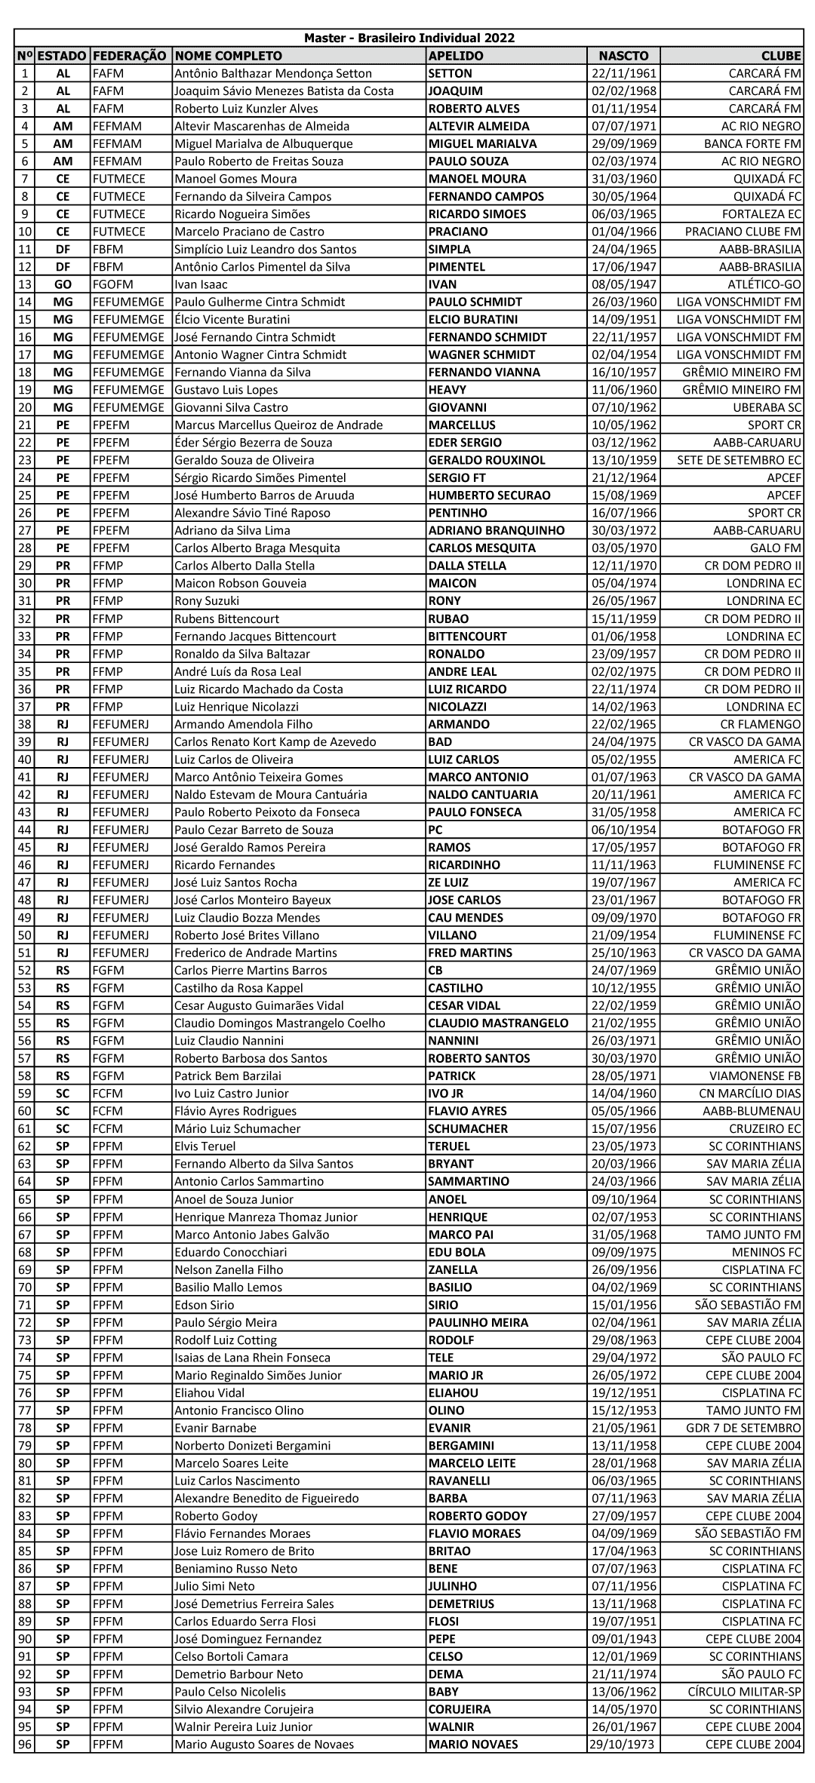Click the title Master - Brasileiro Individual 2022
(409, 38)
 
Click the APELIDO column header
(456, 56)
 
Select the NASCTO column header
(623, 56)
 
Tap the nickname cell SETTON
(451, 73)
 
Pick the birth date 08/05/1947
(623, 284)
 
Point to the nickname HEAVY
(447, 390)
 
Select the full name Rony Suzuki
(207, 601)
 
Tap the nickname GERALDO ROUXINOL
(487, 460)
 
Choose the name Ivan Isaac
(201, 284)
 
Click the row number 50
(25, 935)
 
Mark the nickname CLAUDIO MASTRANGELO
(498, 1023)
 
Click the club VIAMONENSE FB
(755, 1076)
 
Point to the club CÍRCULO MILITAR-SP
(749, 1692)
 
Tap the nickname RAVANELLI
(459, 1481)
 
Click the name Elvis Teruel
(205, 1146)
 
